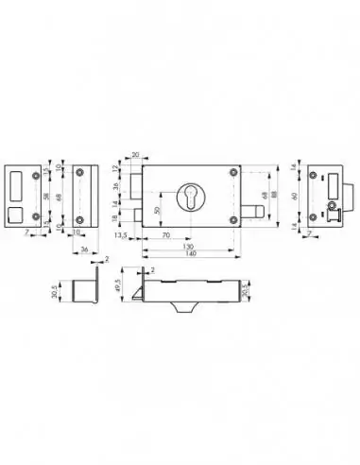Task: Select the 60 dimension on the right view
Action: pyautogui.click(x=296, y=195)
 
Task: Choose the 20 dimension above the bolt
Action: pyautogui.click(x=135, y=154)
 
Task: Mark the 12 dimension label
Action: pyautogui.click(x=114, y=168)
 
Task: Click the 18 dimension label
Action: pyautogui.click(x=114, y=216)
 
